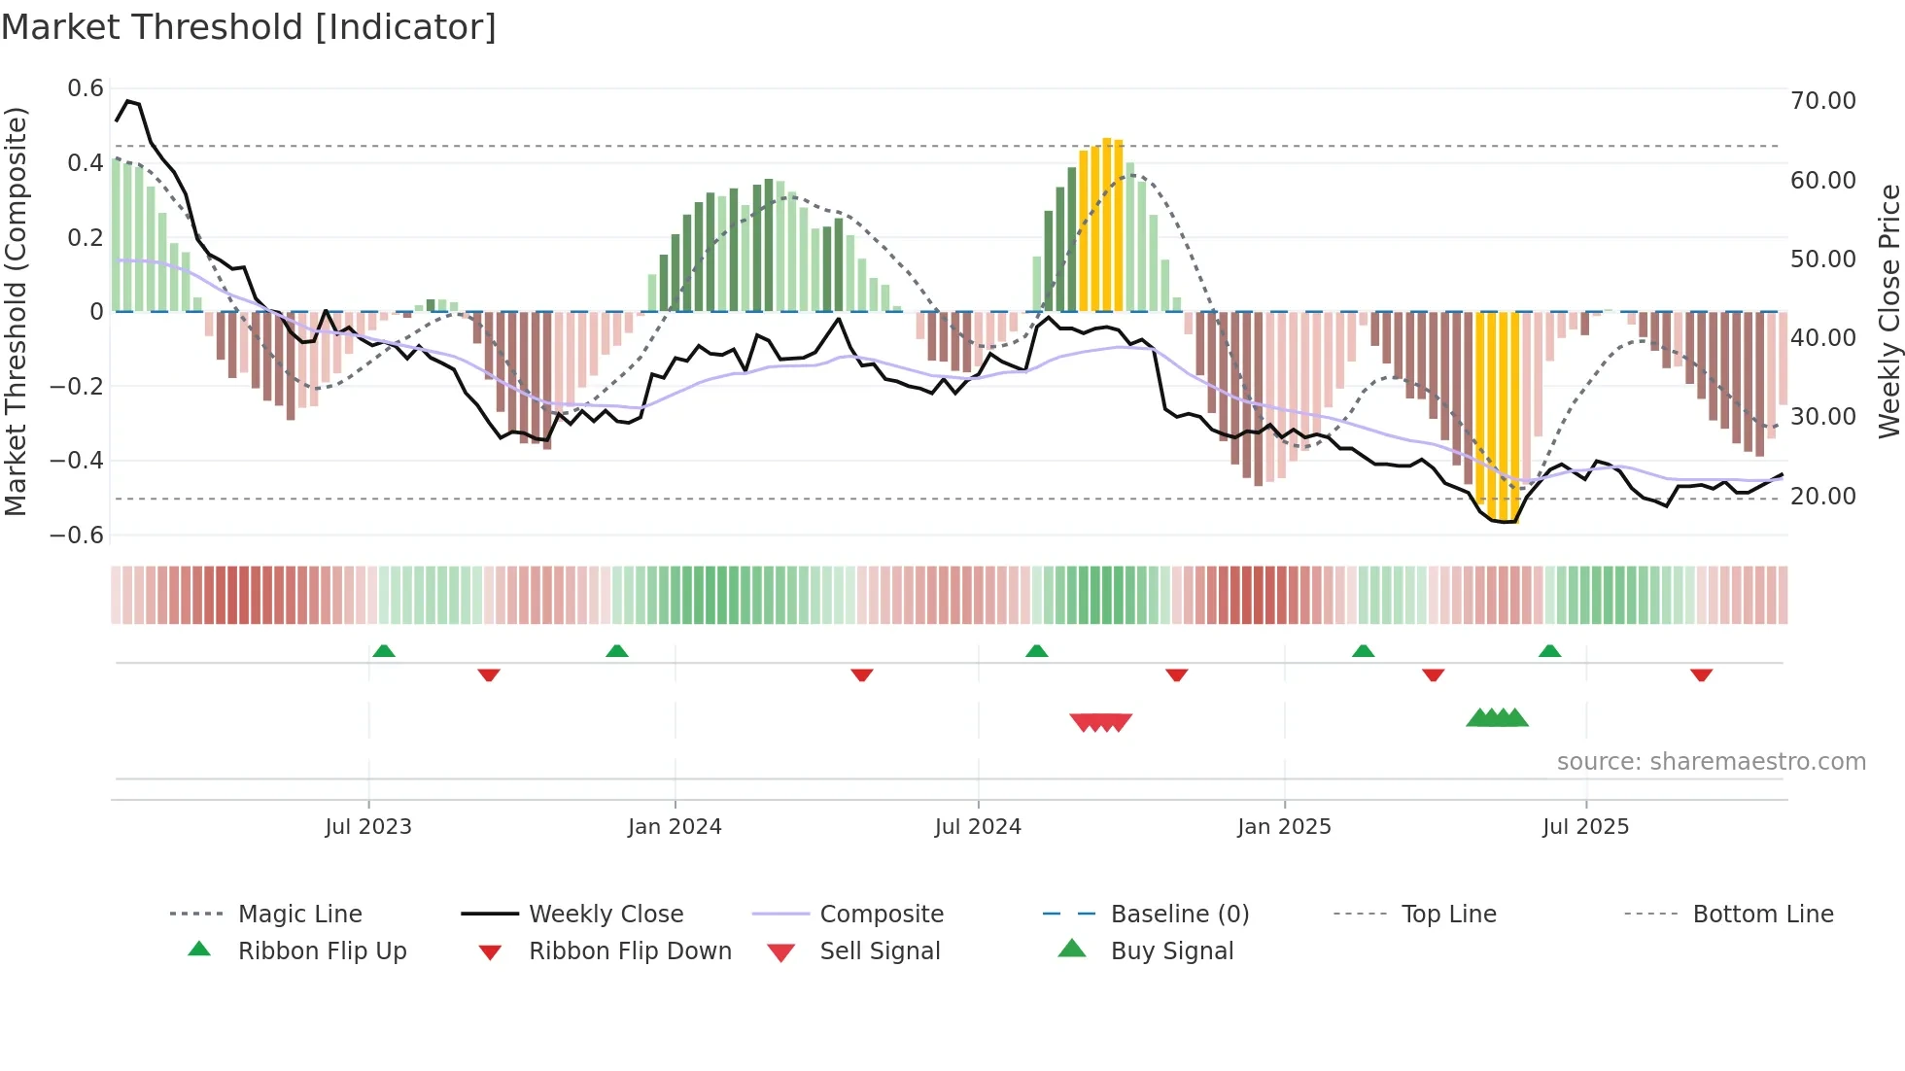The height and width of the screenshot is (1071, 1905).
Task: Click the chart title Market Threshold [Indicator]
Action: (x=249, y=27)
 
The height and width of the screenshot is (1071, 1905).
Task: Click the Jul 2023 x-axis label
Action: (x=368, y=827)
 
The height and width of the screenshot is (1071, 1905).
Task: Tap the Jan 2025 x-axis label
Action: (x=1284, y=827)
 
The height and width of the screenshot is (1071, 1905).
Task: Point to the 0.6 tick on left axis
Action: (x=86, y=88)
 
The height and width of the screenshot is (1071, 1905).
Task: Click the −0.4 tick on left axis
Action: (x=77, y=461)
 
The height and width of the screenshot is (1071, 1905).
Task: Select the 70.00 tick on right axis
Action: (x=1822, y=101)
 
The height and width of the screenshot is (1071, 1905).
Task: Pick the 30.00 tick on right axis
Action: (x=1822, y=417)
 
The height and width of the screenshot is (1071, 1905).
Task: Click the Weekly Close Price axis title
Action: (x=1888, y=311)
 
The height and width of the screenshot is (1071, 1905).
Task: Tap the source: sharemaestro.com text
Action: (x=1711, y=762)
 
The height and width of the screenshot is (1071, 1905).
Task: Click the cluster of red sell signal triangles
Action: (x=1100, y=722)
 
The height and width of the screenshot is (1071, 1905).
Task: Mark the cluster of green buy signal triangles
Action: (x=1497, y=718)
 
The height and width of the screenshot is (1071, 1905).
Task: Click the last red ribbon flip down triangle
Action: (x=1701, y=674)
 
